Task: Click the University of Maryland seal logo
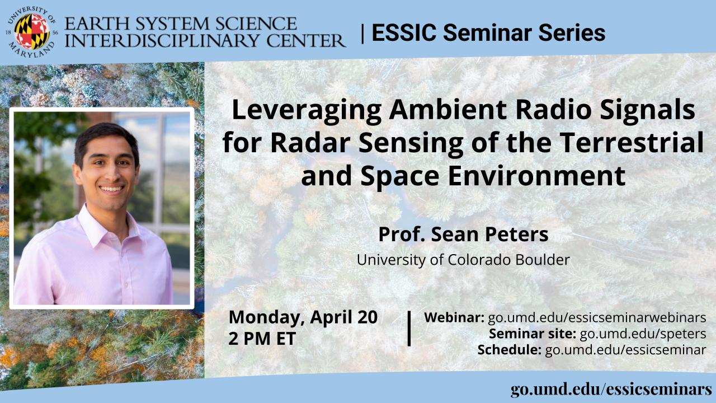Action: pos(31,32)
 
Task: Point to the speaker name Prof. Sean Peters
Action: pos(463,234)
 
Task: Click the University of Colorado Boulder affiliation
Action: pos(463,260)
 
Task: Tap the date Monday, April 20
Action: pos(303,317)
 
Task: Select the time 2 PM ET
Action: pos(262,339)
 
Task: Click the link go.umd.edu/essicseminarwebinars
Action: pos(597,317)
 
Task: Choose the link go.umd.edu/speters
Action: pos(643,334)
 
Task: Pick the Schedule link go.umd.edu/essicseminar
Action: pos(625,350)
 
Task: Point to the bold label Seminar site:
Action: pos(533,334)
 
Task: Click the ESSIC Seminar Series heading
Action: pos(488,32)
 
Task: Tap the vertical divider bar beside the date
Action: pos(409,329)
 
